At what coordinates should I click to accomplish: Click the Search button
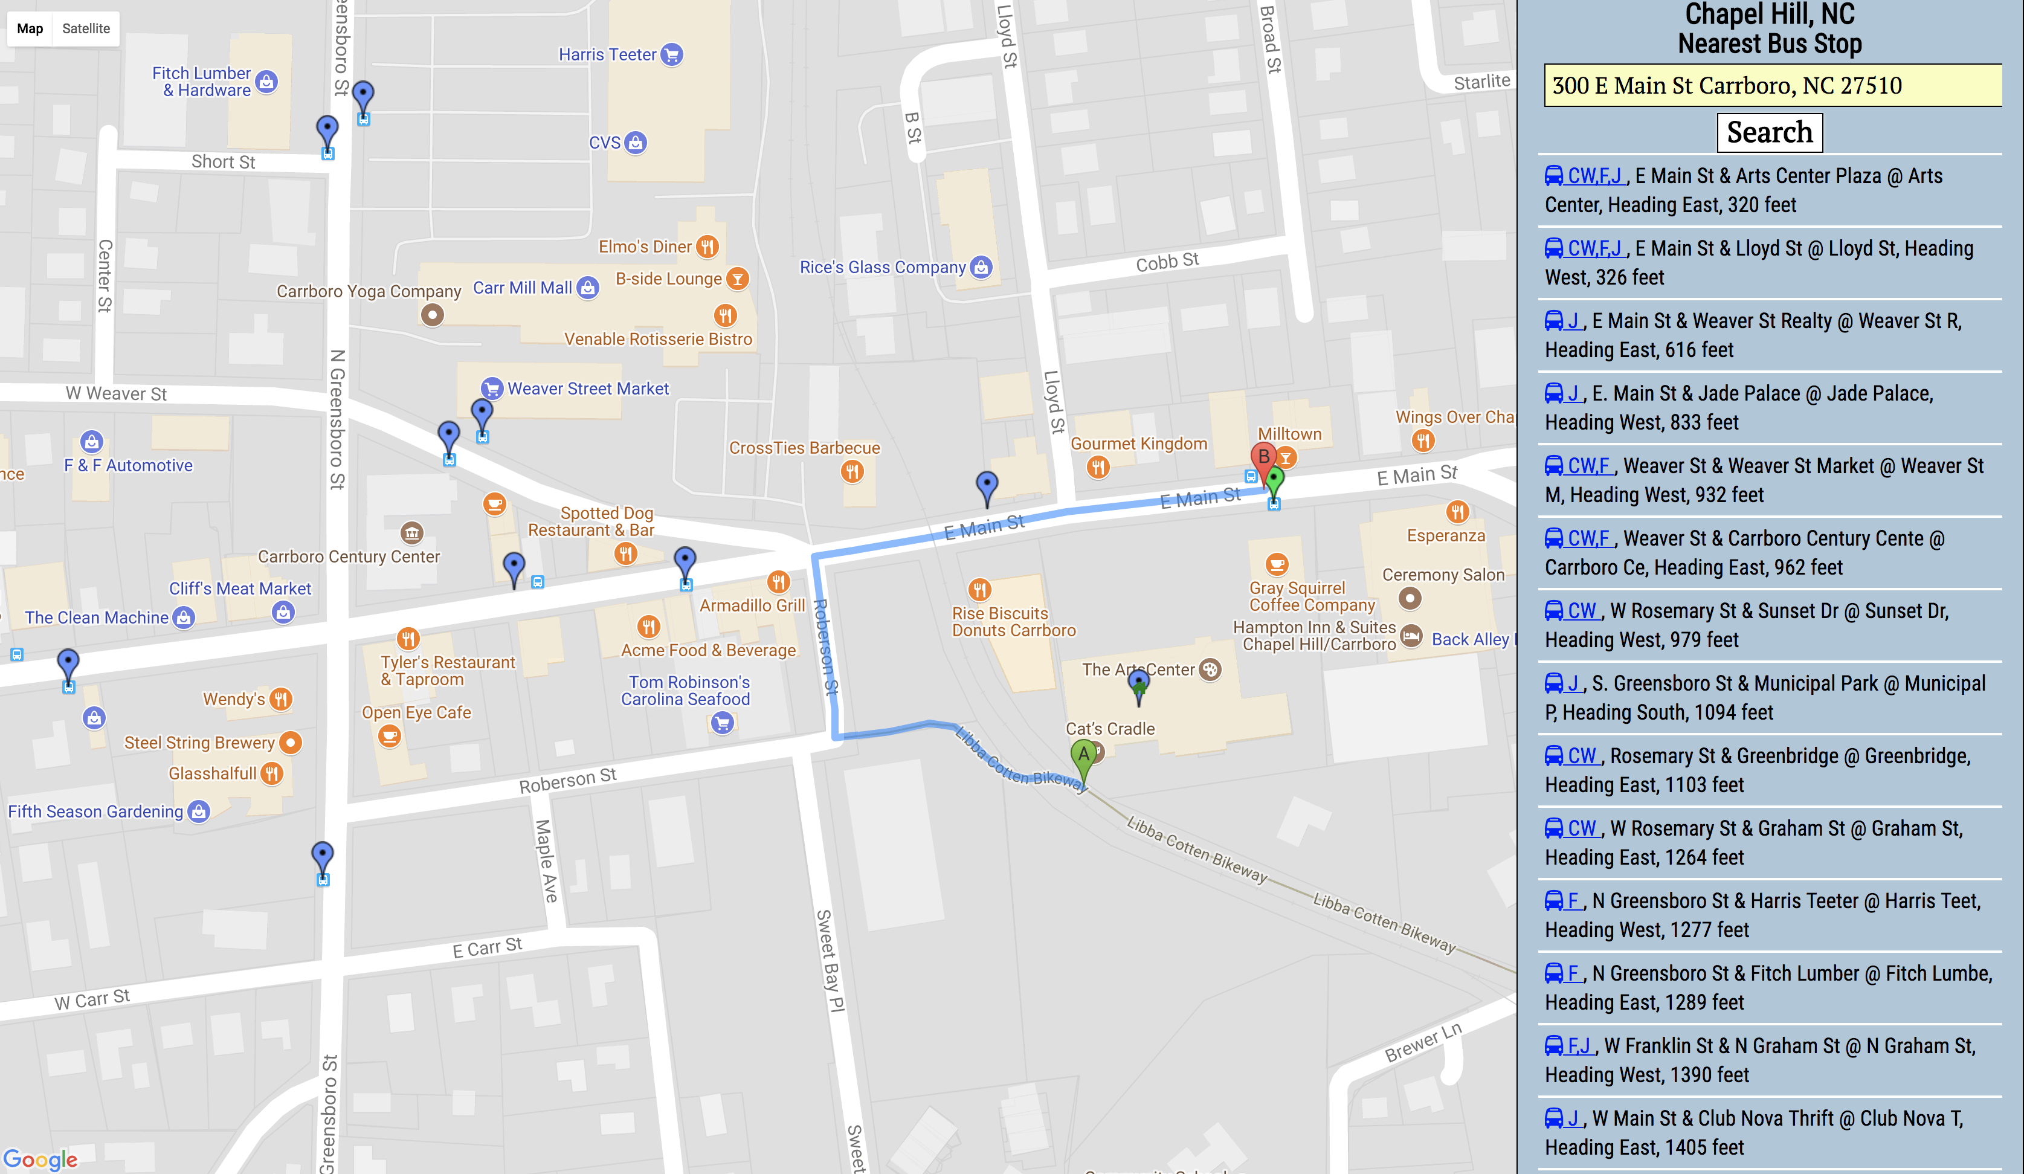click(x=1770, y=132)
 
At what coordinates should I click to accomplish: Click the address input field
click(x=1772, y=85)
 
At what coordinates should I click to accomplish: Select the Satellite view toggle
click(x=86, y=29)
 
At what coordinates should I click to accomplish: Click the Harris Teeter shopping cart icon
click(x=672, y=54)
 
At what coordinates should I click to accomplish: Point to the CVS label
click(x=605, y=143)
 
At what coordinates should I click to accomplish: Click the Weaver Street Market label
click(x=588, y=389)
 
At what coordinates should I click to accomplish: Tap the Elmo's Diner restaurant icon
click(x=707, y=247)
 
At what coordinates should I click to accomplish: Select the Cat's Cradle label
click(x=1110, y=728)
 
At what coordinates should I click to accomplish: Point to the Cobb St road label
click(x=1167, y=262)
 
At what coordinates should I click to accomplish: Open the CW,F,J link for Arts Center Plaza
click(x=1594, y=176)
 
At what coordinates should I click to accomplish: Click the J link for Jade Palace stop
click(x=1573, y=393)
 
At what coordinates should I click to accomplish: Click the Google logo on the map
click(x=40, y=1159)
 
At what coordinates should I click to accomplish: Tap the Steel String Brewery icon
click(x=291, y=743)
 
